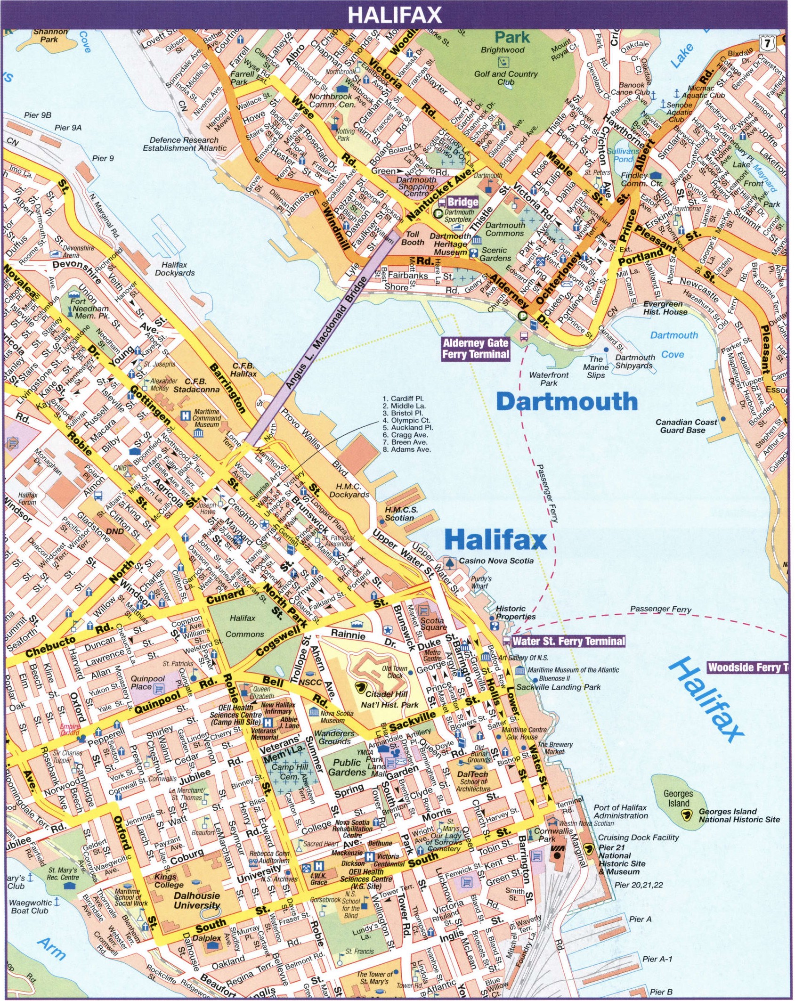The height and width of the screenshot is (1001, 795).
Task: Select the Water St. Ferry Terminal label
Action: (x=568, y=641)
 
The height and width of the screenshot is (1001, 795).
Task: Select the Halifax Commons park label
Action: (x=243, y=626)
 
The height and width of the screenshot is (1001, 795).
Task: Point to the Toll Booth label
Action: (x=412, y=238)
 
